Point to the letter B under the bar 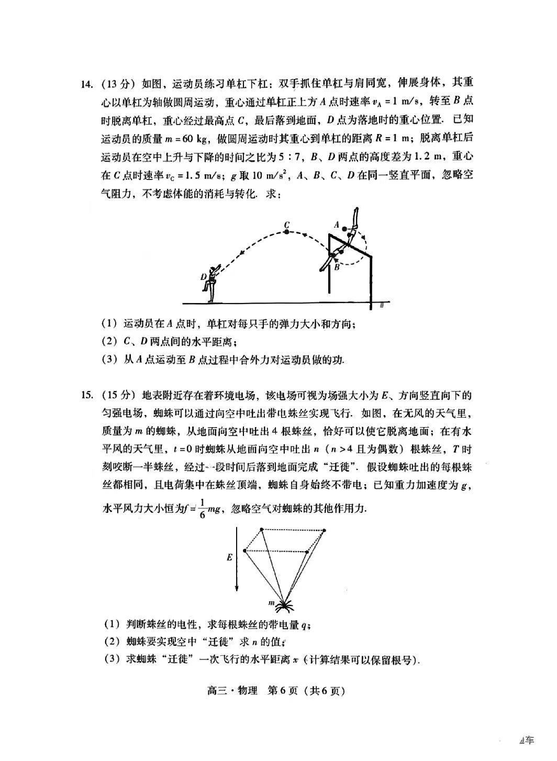pyautogui.click(x=337, y=266)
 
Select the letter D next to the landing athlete pyautogui.click(x=203, y=276)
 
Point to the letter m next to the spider pyautogui.click(x=272, y=603)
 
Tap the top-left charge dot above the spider pyautogui.click(x=262, y=529)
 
